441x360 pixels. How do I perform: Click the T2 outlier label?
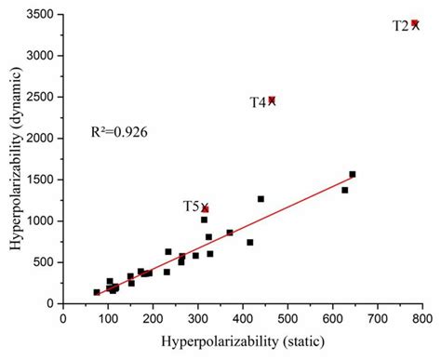coord(400,26)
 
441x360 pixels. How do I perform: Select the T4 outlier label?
coord(258,102)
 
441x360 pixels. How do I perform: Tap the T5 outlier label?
coord(191,207)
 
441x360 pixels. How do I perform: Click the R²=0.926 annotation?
coord(119,133)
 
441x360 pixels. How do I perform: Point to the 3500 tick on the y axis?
coord(41,14)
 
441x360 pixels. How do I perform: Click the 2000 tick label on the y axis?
coord(41,139)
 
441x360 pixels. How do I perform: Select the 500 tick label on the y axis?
coord(45,262)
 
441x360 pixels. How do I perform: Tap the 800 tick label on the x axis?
coord(421,317)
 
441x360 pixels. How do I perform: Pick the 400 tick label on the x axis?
coord(242,317)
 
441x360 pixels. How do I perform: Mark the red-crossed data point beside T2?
coord(415,24)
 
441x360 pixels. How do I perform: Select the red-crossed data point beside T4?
coord(272,100)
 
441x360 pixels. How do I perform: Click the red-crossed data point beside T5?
coord(205,209)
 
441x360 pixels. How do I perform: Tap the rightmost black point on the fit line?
coord(353,174)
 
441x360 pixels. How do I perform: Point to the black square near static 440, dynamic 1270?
coord(261,199)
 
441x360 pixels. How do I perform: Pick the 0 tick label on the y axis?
coord(52,303)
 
